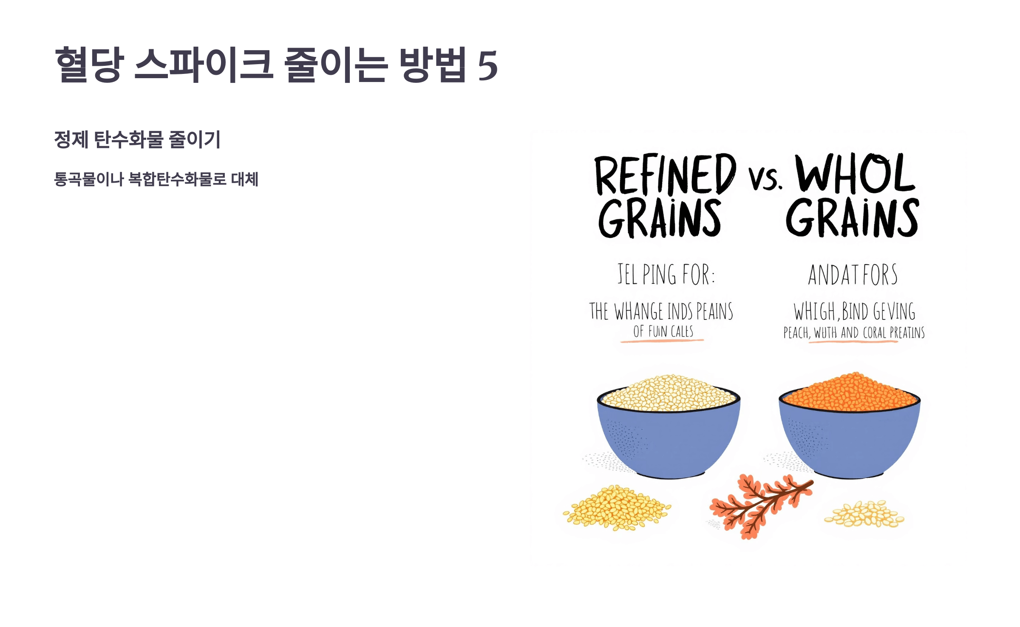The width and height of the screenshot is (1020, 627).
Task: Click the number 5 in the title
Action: pyautogui.click(x=487, y=65)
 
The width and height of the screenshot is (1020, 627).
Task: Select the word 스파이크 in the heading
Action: pyautogui.click(x=204, y=65)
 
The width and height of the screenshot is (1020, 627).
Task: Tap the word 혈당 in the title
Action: pyautogui.click(x=89, y=65)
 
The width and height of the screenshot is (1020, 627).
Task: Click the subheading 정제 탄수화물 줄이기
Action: pyautogui.click(x=137, y=139)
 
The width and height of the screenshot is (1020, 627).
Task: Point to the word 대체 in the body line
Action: pyautogui.click(x=245, y=179)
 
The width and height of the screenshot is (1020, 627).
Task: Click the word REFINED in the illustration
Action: pyautogui.click(x=665, y=174)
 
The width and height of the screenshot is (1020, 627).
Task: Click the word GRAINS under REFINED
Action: pyautogui.click(x=660, y=218)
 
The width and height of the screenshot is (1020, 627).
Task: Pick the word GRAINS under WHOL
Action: pyautogui.click(x=852, y=217)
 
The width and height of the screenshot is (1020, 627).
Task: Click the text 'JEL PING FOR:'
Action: pyautogui.click(x=666, y=274)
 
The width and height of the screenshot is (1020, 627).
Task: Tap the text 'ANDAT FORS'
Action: pyautogui.click(x=853, y=275)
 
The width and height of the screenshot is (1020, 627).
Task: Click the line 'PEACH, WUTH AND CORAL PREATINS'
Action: pyautogui.click(x=854, y=333)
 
